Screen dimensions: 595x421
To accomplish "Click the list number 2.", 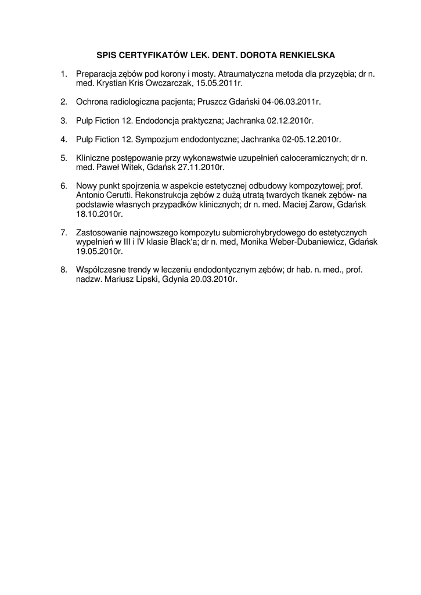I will (x=64, y=102).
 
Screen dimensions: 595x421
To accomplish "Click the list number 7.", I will (x=64, y=233).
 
